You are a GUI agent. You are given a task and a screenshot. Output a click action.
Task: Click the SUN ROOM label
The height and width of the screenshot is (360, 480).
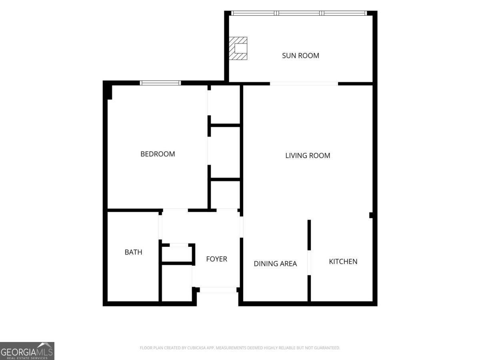pos(300,56)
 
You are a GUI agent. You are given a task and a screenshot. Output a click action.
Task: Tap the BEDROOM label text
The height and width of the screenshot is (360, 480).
pos(158,154)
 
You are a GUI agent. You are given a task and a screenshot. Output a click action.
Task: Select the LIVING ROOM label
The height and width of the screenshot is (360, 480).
pos(308,156)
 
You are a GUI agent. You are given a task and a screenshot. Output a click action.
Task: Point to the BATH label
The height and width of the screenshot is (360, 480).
pos(133,252)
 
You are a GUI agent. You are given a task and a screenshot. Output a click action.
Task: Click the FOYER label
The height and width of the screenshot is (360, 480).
pos(216,259)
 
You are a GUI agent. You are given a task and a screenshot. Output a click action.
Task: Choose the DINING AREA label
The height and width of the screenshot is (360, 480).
pos(275,264)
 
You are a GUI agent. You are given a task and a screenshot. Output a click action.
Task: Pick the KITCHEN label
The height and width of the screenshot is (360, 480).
pos(343,262)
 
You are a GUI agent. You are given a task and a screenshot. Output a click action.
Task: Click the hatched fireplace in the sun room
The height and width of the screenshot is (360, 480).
pos(238,48)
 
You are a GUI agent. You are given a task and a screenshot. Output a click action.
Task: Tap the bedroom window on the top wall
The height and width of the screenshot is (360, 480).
pos(160,83)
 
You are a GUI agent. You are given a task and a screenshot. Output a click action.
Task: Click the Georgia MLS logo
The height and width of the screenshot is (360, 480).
pos(27,351)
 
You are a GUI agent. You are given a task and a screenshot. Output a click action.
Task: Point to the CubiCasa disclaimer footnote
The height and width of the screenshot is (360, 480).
pos(240,348)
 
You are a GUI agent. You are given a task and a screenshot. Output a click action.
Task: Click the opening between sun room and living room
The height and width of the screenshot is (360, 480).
pos(304,84)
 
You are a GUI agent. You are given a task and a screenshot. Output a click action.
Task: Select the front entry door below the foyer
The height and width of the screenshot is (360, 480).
pos(218,290)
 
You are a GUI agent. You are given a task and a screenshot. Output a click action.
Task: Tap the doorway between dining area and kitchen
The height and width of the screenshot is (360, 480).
pos(309,262)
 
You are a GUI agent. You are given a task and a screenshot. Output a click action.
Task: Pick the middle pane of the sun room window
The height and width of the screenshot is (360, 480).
pos(299,13)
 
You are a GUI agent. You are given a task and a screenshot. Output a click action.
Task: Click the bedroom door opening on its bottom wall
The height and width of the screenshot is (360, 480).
pos(175,210)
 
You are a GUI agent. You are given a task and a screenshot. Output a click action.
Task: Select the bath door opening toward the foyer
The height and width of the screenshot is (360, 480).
pos(160,227)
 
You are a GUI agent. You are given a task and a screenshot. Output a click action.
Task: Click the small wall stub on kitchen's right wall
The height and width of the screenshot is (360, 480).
pos(371,215)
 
